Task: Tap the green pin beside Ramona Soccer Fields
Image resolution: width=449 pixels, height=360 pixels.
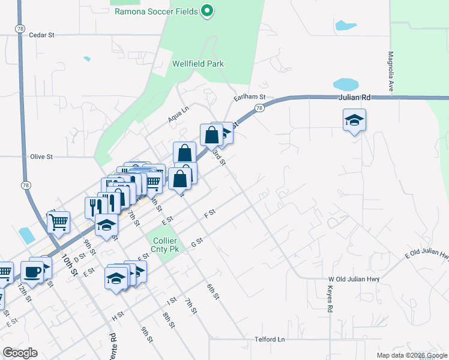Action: [x=207, y=10]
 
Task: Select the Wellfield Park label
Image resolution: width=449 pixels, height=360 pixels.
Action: [x=197, y=63]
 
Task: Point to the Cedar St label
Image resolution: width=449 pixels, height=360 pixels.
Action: [x=41, y=35]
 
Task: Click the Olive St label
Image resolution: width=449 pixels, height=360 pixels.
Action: [x=41, y=157]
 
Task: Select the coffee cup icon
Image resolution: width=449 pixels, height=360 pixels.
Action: [x=32, y=271]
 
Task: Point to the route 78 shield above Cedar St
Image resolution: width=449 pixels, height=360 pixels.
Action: [x=20, y=28]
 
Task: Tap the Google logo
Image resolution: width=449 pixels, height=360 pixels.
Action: [x=20, y=353]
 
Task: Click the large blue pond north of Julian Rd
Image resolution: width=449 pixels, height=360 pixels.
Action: [x=346, y=85]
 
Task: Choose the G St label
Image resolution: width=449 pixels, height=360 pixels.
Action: [x=197, y=243]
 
